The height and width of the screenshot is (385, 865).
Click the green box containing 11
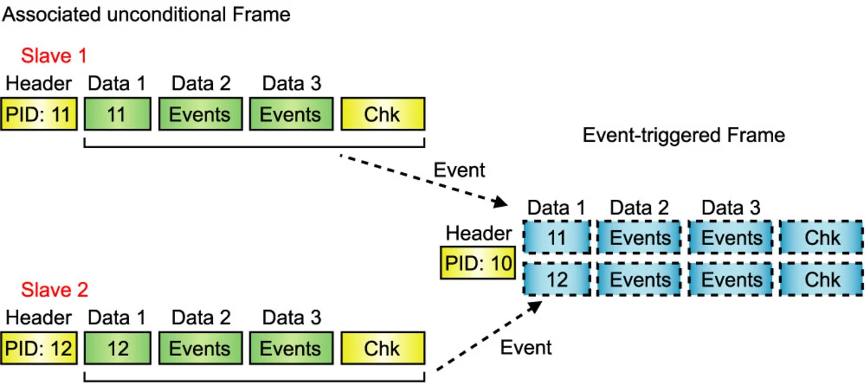117,114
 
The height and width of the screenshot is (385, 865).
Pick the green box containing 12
117,349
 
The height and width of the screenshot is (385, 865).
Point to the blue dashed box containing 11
557,238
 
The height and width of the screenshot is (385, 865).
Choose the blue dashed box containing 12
557,280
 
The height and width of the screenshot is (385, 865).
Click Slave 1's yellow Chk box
382,114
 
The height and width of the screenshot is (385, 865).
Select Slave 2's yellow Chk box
382,349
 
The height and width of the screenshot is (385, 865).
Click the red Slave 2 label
54,290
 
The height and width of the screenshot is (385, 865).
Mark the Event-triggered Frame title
683,136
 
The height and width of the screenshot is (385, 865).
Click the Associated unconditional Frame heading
146,14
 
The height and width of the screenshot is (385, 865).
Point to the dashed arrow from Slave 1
425,180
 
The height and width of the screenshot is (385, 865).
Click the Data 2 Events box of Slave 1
200,114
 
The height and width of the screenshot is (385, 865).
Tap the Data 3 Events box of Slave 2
291,349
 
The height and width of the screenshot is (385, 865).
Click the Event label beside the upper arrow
459,170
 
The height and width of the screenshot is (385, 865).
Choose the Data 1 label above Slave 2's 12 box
117,317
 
